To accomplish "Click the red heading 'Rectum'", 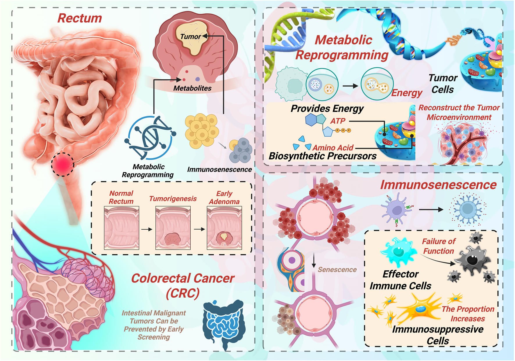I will [80, 18].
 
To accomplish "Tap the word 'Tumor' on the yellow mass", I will [190, 37].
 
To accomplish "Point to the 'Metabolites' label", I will [192, 88].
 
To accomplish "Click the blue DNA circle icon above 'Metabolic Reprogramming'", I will [150, 138].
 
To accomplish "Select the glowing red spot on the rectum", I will [62, 165].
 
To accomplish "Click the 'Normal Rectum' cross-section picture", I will [121, 228].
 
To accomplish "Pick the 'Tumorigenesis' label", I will [173, 199].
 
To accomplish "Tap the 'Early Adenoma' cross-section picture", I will [224, 228].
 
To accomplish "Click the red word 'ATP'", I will [338, 121].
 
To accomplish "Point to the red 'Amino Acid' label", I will [333, 148].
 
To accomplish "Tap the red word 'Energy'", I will [407, 93].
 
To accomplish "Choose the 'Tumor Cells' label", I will [443, 84].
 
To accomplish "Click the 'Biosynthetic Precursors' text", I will [323, 156].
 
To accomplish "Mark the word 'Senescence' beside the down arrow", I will [337, 269].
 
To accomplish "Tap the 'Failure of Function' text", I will [439, 246].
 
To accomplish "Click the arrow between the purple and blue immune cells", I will [431, 209].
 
